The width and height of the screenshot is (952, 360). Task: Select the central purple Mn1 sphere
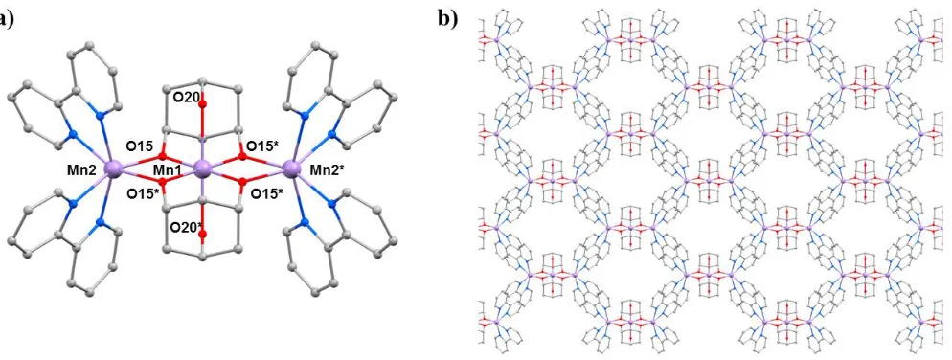202,169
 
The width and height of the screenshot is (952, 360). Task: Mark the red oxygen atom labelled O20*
202,233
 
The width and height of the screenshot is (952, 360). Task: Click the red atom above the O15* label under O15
163,182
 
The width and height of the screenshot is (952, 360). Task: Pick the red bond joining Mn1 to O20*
202,203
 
